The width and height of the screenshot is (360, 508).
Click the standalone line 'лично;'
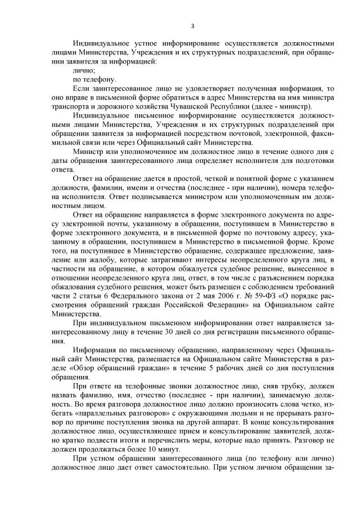(x=84, y=71)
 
